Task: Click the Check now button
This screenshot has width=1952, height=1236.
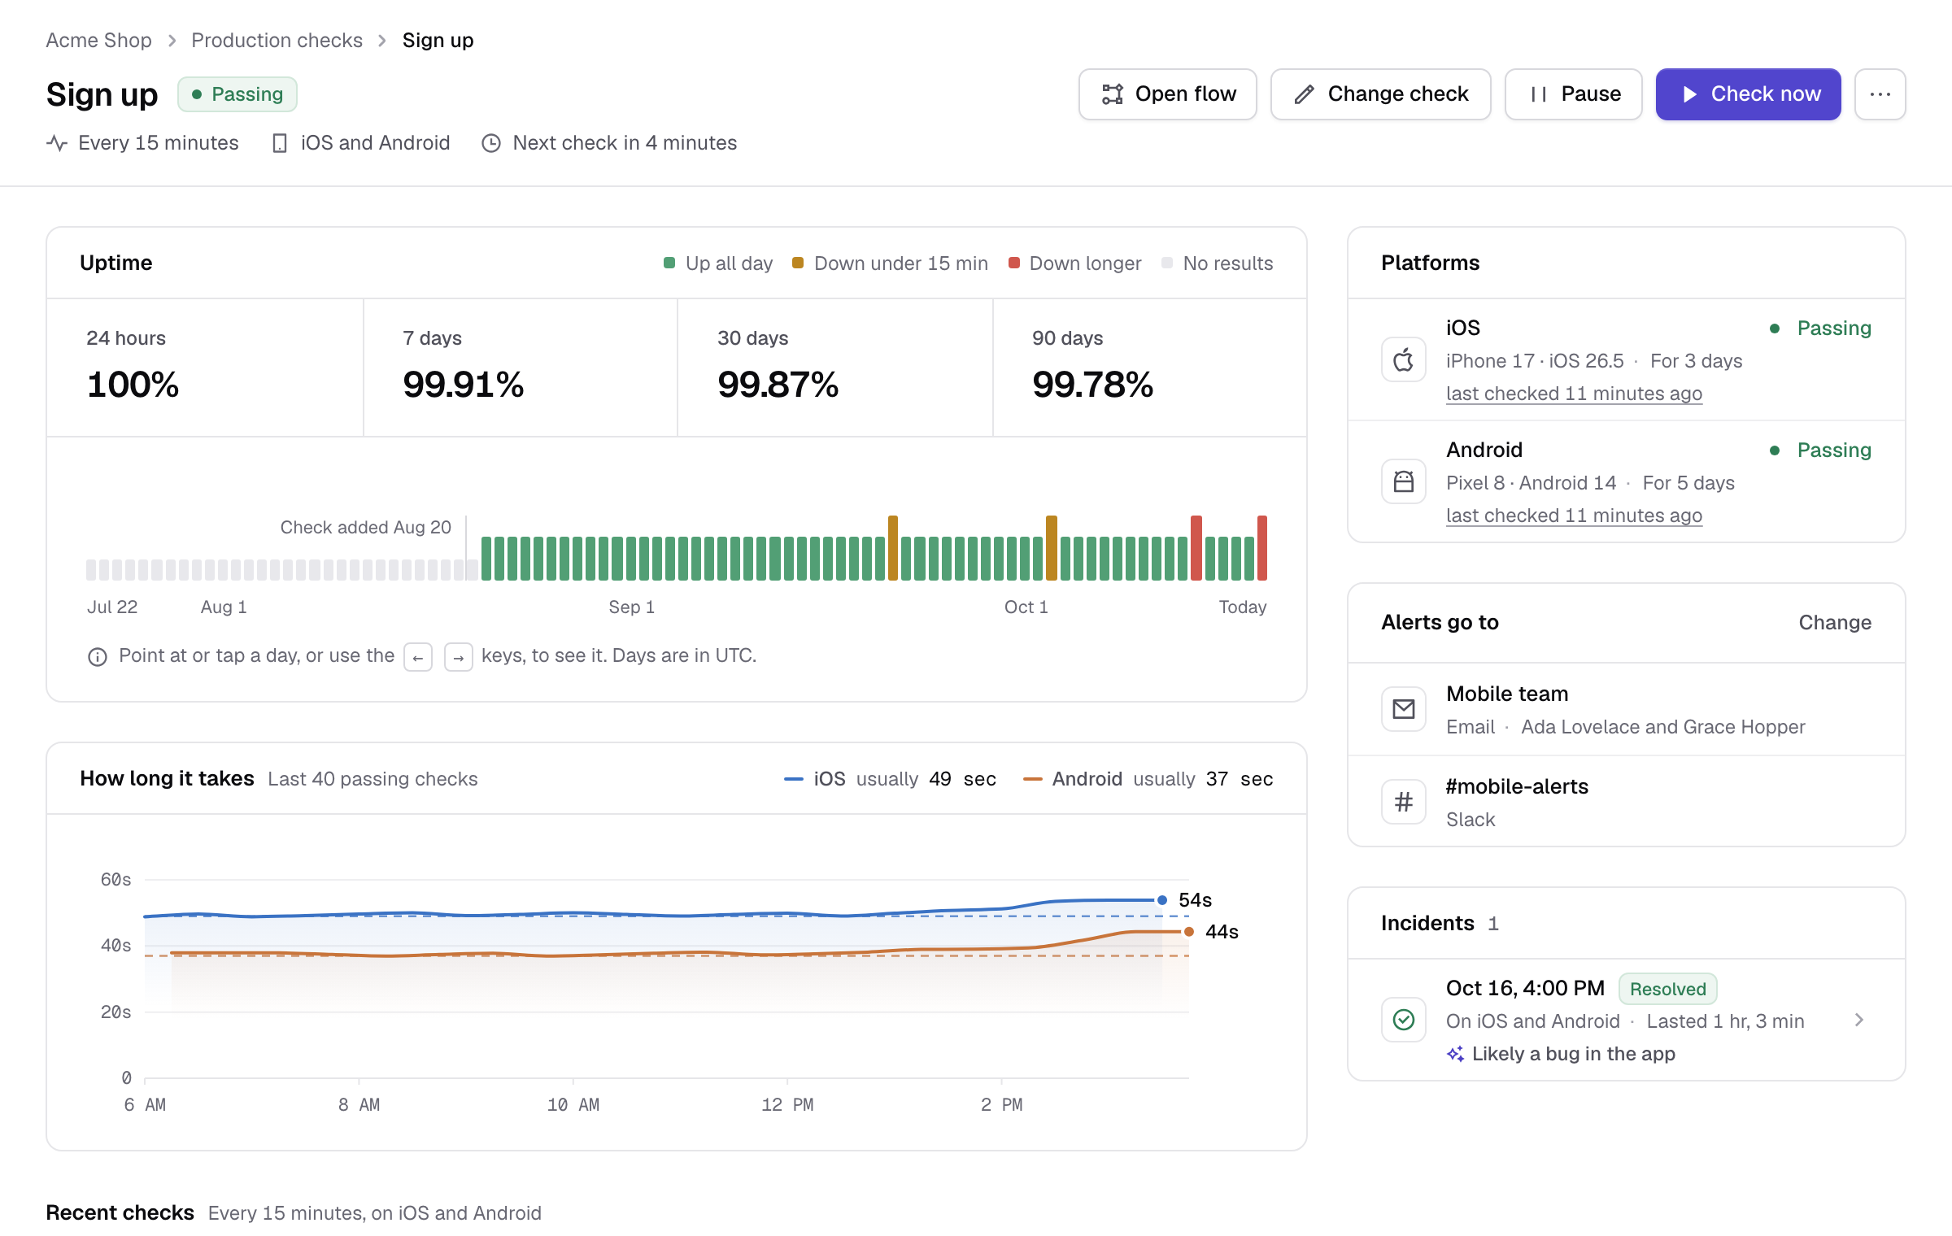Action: (1748, 94)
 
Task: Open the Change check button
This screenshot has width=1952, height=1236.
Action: (1380, 94)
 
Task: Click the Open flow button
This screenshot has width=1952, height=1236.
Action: (1167, 94)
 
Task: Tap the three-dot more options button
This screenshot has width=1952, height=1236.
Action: (1880, 94)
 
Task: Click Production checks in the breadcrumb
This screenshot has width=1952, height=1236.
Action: (277, 40)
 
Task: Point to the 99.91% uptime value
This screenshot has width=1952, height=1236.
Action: (463, 384)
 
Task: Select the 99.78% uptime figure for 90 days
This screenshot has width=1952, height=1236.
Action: (1092, 384)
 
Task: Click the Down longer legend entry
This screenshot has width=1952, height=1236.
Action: (1074, 263)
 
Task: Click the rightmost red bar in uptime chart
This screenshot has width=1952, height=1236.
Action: (1262, 547)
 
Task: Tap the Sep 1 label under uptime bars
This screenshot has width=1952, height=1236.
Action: (632, 607)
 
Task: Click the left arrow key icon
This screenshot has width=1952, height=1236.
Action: (418, 657)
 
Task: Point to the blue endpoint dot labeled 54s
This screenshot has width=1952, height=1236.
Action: (1162, 900)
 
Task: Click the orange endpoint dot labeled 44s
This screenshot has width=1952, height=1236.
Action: (1189, 932)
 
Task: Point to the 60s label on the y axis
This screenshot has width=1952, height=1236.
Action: (115, 880)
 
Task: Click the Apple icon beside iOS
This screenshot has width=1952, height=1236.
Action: (1404, 359)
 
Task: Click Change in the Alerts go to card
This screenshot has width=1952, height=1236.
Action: (1835, 622)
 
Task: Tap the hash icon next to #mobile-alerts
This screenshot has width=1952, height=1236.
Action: (1404, 802)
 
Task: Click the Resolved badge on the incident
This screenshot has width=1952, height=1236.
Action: (1667, 989)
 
